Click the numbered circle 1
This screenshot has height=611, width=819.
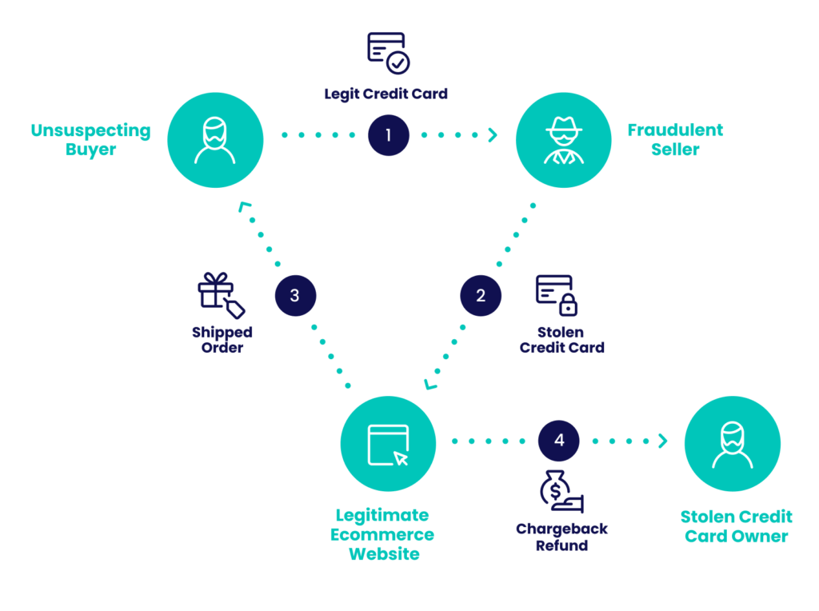[x=389, y=135]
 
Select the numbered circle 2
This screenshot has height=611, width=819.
[x=481, y=296]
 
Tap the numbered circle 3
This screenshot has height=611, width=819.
[x=295, y=296]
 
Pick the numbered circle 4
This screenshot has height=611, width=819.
[x=559, y=441]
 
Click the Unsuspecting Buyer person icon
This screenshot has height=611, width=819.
[x=215, y=140]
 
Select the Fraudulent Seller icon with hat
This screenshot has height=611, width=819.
[x=563, y=140]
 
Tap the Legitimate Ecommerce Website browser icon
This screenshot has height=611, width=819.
[x=389, y=444]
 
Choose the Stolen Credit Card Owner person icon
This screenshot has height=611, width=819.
[x=733, y=444]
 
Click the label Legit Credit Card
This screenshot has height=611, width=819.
[x=386, y=94]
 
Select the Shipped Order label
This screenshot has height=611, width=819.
[x=222, y=340]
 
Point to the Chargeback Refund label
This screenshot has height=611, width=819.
[x=561, y=537]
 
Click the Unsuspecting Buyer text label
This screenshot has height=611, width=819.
[x=90, y=140]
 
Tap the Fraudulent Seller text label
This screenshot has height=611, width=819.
[x=675, y=140]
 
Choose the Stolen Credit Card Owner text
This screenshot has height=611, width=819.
[x=736, y=526]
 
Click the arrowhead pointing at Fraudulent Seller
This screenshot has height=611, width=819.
[x=493, y=135]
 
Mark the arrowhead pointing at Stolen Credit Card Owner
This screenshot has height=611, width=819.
[x=662, y=441]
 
